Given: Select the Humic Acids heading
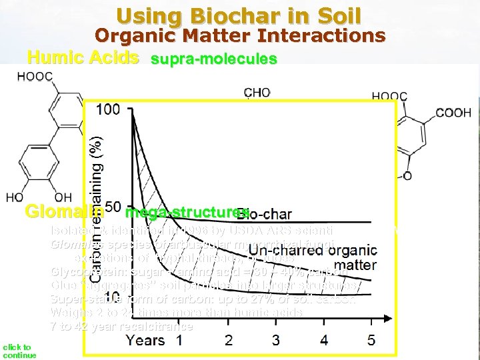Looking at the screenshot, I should click(83, 57).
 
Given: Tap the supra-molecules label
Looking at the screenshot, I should click(213, 59).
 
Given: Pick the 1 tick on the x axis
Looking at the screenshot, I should click(179, 340).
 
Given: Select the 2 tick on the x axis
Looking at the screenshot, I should click(229, 340).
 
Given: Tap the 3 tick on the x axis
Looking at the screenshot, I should click(276, 340).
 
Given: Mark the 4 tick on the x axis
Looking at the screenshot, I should click(324, 340).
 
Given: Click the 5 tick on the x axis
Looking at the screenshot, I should click(371, 340).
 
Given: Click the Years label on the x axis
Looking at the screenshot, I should click(145, 340).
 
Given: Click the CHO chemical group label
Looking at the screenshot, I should click(257, 93).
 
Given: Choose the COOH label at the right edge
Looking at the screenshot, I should click(453, 112).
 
